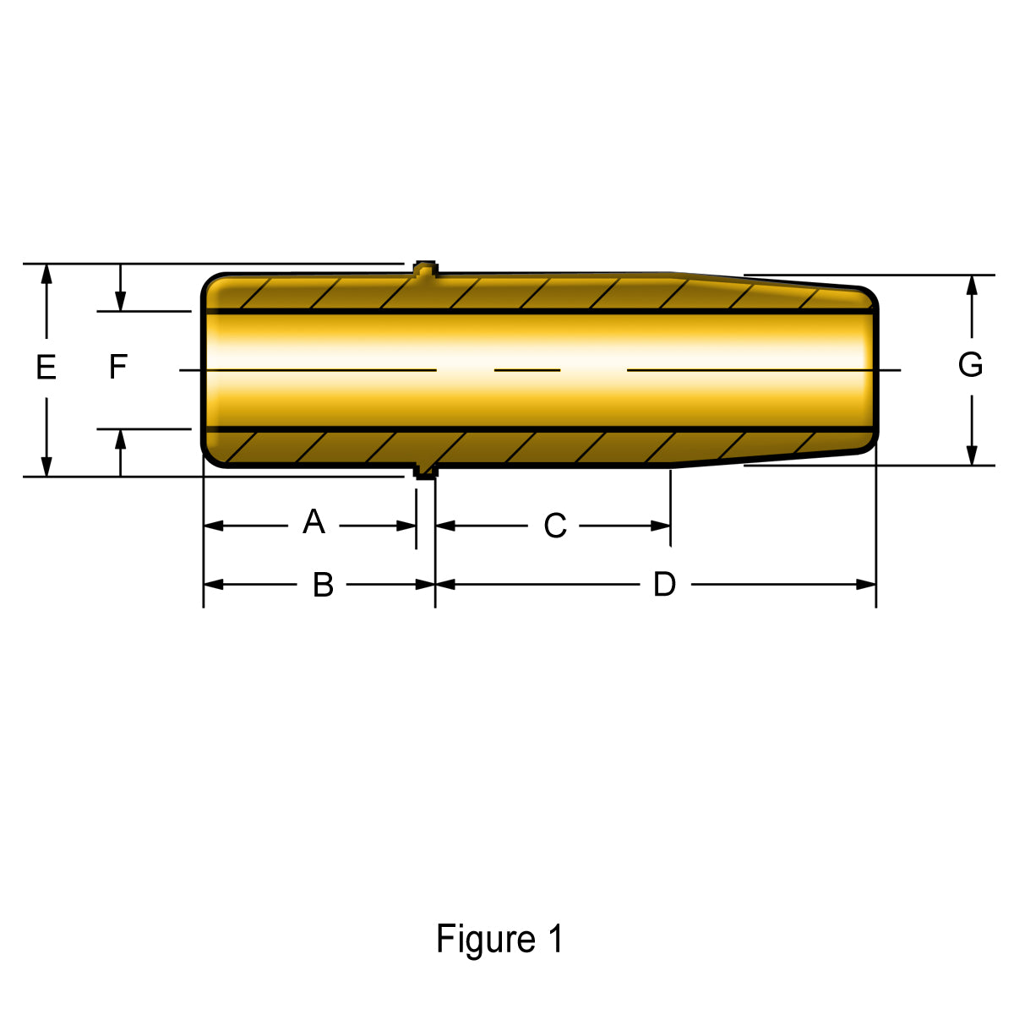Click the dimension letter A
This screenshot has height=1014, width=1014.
(x=313, y=521)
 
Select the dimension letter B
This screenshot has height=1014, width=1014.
(x=323, y=585)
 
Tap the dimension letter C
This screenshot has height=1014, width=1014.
(x=554, y=526)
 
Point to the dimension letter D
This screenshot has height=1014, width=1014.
(x=665, y=584)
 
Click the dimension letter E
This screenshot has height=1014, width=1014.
(x=46, y=368)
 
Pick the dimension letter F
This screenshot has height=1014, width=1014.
(x=118, y=367)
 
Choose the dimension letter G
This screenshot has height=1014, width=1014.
(x=970, y=365)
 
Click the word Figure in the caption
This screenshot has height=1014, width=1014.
(x=485, y=939)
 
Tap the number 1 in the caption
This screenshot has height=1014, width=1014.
(x=554, y=939)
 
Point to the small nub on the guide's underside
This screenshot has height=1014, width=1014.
(x=426, y=472)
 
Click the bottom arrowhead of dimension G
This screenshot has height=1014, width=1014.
(x=972, y=455)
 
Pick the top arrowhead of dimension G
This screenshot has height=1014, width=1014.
(x=972, y=285)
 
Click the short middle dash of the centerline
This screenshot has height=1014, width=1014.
(x=527, y=369)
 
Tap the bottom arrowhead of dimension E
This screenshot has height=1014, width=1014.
(x=46, y=466)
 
